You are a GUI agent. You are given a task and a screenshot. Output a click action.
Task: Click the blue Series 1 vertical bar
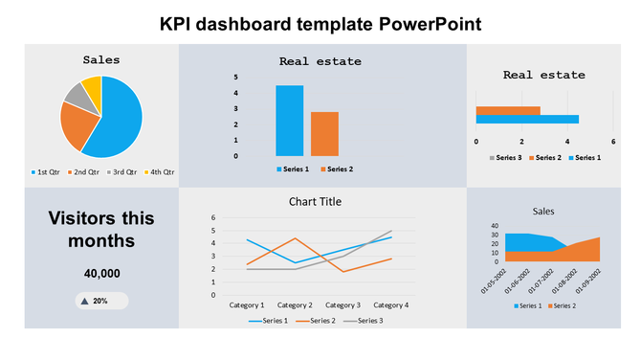[290, 121]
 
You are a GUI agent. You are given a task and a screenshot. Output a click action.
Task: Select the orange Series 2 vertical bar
[324, 134]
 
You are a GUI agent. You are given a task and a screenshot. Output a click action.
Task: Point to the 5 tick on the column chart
[236, 78]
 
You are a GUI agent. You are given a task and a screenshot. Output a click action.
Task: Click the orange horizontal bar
[508, 110]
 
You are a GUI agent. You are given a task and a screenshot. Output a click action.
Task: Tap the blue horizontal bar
[527, 120]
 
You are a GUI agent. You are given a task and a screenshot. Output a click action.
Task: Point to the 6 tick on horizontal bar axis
[613, 141]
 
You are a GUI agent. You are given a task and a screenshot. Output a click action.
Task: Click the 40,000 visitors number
[102, 274]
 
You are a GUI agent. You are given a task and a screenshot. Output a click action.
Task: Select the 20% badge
[101, 301]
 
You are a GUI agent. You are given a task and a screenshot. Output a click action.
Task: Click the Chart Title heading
[315, 202]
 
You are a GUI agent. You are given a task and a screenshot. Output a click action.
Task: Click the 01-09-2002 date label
[587, 280]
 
